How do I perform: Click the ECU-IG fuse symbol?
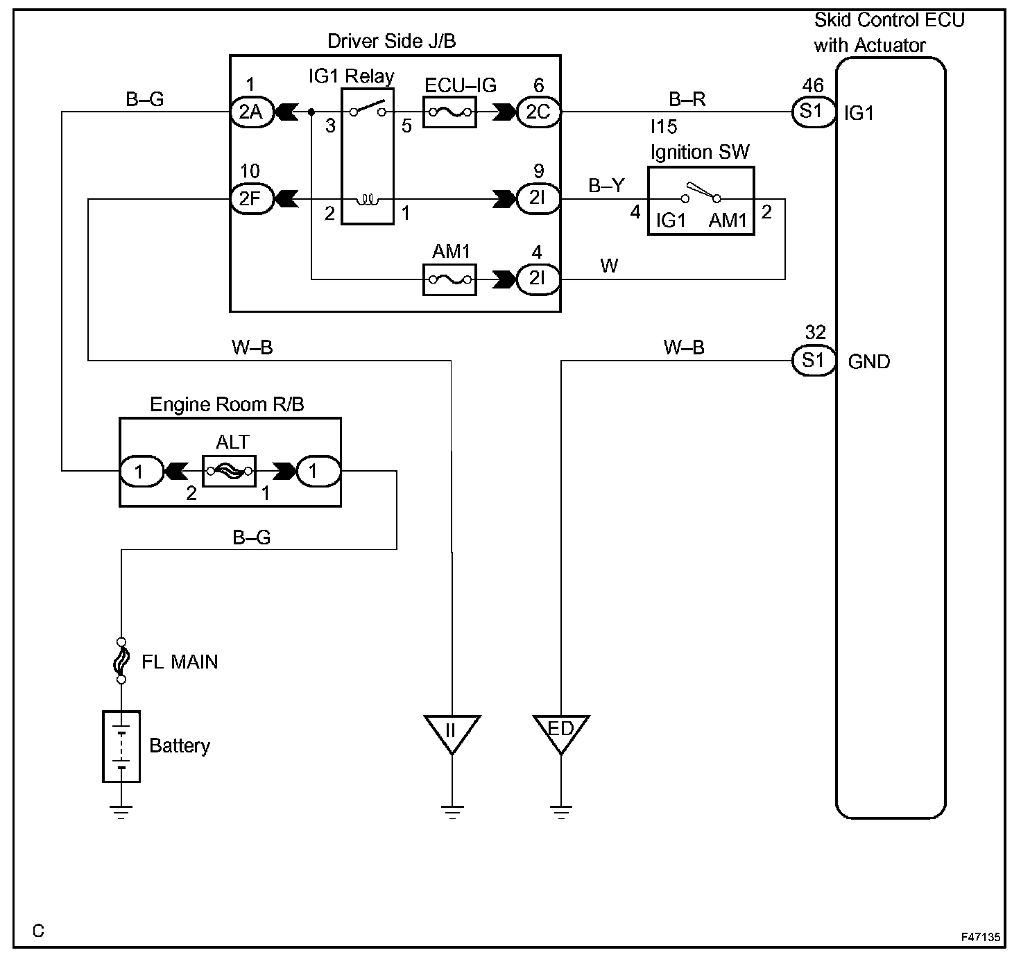449,112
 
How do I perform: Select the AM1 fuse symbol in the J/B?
449,279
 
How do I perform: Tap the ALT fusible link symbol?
230,471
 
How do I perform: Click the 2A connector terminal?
251,112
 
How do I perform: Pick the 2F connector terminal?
251,198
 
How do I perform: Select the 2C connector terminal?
538,112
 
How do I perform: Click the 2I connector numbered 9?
538,198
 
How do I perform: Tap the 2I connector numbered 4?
538,279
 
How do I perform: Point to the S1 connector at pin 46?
814,112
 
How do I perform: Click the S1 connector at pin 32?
814,361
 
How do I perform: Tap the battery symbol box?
121,746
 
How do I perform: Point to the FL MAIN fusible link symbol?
121,661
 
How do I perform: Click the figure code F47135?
981,937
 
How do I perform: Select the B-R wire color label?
687,98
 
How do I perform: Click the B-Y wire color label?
606,185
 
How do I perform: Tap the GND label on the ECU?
869,361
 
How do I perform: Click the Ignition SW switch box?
701,200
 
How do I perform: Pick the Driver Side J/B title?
391,41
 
